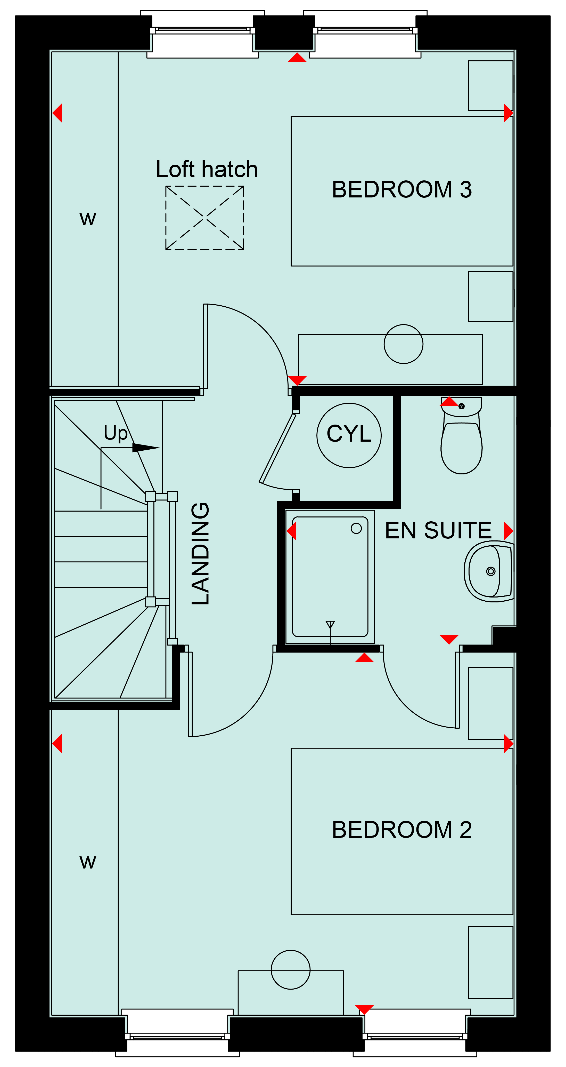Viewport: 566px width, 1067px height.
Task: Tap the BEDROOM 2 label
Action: click(x=402, y=830)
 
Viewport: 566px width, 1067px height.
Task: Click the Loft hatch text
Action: click(x=207, y=169)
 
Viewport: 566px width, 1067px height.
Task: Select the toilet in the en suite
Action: click(x=461, y=435)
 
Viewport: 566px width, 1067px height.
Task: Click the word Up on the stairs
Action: click(x=116, y=433)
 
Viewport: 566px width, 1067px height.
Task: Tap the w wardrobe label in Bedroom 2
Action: click(x=88, y=862)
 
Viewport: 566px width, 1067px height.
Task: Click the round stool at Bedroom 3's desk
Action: click(x=403, y=325)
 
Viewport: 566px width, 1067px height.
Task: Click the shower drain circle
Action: click(x=356, y=528)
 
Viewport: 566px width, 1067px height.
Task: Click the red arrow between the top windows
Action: click(x=297, y=58)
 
